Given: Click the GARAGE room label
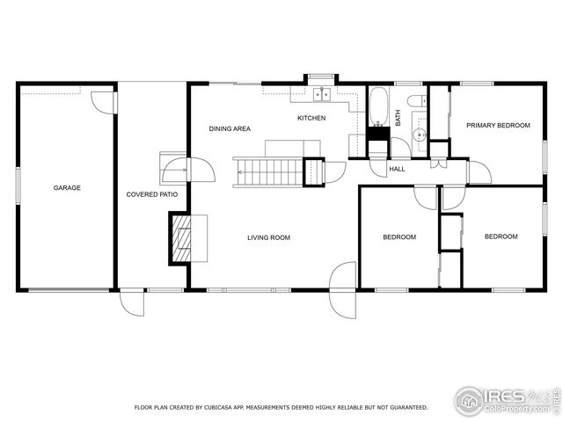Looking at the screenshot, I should (67, 187).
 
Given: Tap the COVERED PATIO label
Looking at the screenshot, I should (146, 193).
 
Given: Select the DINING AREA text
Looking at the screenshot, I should (229, 129).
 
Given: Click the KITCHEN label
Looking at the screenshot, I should (311, 118).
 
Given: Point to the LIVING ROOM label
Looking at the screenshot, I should (268, 237).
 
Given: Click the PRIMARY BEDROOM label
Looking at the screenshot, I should (498, 126).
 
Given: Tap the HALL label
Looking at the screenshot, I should (397, 169).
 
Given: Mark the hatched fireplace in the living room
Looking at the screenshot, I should (183, 239).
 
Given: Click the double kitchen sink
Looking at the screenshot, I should (318, 94).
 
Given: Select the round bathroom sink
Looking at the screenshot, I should (420, 135).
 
